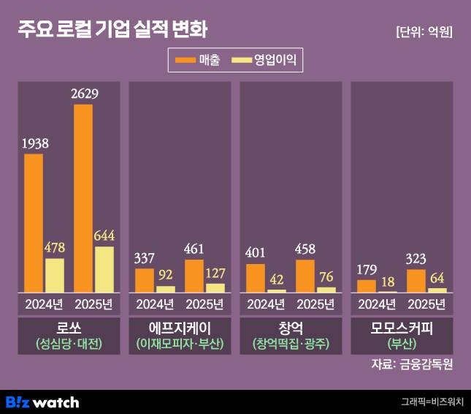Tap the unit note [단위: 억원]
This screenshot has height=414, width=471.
pyautogui.click(x=423, y=32)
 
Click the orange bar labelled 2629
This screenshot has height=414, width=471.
pyautogui.click(x=83, y=198)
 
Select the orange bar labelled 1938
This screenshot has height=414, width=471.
pyautogui.click(x=34, y=223)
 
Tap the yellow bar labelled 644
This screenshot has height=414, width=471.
pyautogui.click(x=104, y=269)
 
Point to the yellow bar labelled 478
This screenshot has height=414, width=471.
pyautogui.click(x=55, y=275)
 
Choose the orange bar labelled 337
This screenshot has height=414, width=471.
pyautogui.click(x=145, y=280)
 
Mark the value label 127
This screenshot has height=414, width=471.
pyautogui.click(x=216, y=272)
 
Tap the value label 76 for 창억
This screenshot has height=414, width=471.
pyautogui.click(x=326, y=276)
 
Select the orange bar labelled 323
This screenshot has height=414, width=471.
pyautogui.click(x=416, y=281)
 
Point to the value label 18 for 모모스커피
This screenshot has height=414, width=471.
pyautogui.click(x=388, y=281)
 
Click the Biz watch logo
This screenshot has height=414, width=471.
pyautogui.click(x=42, y=402)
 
